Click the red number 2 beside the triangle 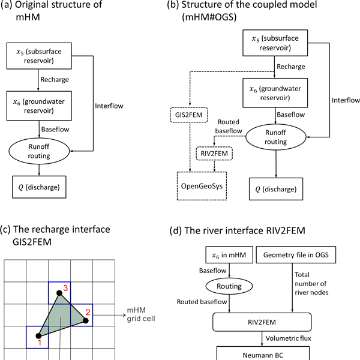point(88,311)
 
